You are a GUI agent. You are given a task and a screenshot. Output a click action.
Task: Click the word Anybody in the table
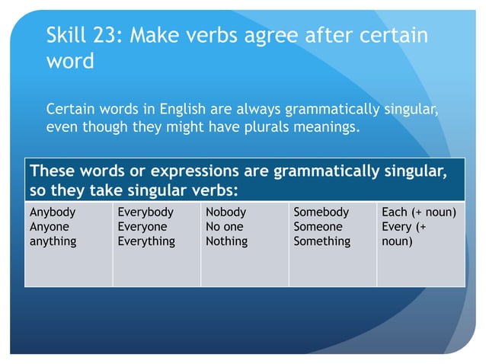tap(53, 212)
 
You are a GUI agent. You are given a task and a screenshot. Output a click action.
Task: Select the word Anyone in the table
tap(50, 227)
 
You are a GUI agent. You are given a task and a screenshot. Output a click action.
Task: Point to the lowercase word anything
tap(53, 241)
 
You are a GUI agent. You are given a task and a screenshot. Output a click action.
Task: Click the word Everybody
tap(145, 212)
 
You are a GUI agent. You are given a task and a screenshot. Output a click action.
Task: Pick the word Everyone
tap(142, 227)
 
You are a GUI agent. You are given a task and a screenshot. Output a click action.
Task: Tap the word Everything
tap(146, 241)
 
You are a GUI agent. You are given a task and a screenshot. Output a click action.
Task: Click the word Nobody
tap(226, 212)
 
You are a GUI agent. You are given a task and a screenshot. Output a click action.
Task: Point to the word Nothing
tap(226, 241)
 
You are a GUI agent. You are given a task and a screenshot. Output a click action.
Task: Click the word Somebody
tap(321, 212)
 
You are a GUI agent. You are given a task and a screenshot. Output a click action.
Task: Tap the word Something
tap(322, 241)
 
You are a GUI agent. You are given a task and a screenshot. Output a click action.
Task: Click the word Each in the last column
tap(395, 212)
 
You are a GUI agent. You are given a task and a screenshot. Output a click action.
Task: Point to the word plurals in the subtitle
tap(262, 126)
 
